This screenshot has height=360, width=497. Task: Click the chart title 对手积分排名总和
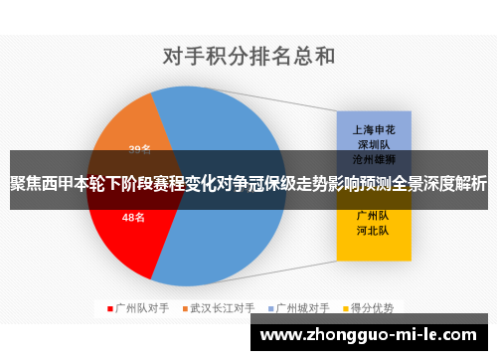pyautogui.click(x=248, y=54)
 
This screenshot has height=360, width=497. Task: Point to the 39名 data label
pyautogui.click(x=139, y=149)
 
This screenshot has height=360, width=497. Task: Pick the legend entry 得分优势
pyautogui.click(x=374, y=307)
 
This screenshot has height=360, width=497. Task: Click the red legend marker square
pyautogui.click(x=110, y=307)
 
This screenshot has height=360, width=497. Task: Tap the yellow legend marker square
pyautogui.click(x=346, y=307)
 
